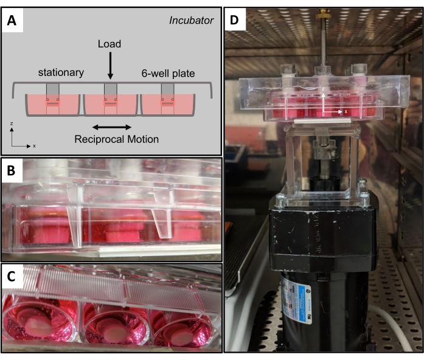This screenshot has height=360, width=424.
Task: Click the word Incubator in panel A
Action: [x=192, y=21]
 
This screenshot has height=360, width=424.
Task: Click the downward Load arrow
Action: [x=110, y=66]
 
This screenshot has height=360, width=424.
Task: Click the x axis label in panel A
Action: [x=34, y=146]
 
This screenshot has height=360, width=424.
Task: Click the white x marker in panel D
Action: [x=346, y=112]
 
